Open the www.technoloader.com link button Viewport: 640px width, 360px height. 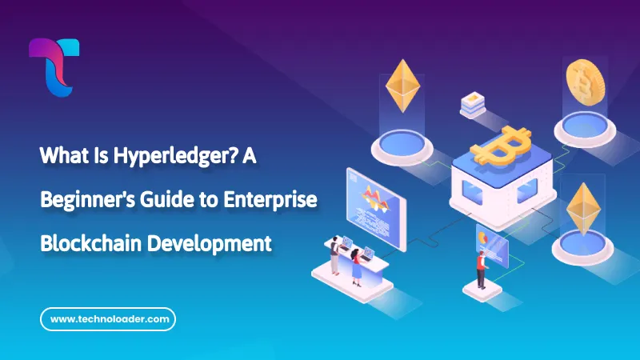108,319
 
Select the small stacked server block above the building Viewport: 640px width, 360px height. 471,104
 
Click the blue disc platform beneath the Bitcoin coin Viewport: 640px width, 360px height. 582,121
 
